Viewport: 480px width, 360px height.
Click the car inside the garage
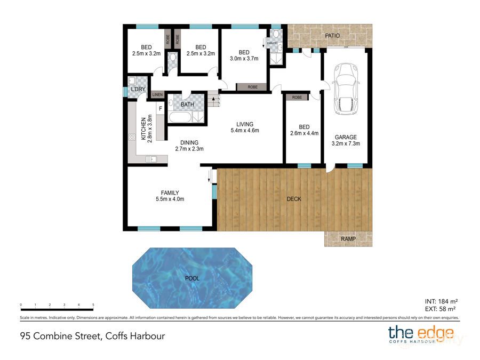coord(346,89)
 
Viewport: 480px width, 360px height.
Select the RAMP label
coord(349,239)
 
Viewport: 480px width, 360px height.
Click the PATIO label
coord(331,36)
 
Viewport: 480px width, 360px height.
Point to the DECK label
coord(294,199)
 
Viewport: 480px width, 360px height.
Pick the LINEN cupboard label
coord(158,95)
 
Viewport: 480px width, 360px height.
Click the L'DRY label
coord(138,89)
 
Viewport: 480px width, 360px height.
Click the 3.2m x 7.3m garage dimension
coord(346,143)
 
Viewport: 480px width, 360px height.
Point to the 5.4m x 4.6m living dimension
coord(245,131)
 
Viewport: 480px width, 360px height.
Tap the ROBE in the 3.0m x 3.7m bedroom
coord(248,86)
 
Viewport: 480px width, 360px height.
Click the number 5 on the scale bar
coord(93,305)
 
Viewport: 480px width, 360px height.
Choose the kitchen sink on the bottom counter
coord(150,158)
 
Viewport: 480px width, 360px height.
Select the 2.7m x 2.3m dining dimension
coord(189,149)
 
